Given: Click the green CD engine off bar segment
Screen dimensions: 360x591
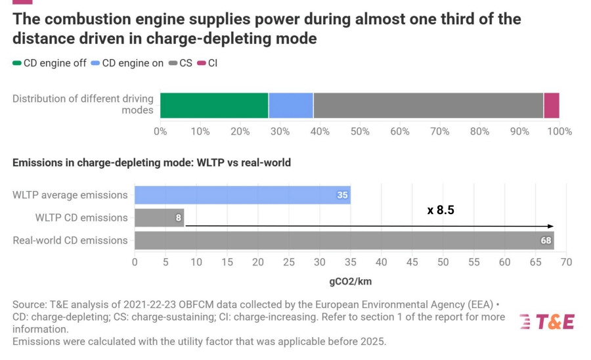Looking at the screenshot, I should click(214, 106).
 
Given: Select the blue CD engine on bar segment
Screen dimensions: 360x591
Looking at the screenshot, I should click(291, 106).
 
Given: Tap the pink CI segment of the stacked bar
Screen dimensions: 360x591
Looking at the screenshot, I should click(552, 106).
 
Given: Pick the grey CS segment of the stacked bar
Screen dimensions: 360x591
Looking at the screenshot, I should click(428, 106).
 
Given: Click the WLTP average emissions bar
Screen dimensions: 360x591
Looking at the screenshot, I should click(242, 195).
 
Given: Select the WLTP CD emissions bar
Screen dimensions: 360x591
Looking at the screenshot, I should click(159, 217).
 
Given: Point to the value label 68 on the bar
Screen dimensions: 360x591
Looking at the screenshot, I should click(546, 240).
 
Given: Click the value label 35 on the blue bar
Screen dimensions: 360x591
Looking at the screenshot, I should click(342, 195).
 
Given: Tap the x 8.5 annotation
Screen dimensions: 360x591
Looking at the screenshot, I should click(441, 210).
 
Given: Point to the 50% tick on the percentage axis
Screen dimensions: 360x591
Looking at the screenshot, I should click(360, 131).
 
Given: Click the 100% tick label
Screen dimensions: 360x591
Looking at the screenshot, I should click(559, 131).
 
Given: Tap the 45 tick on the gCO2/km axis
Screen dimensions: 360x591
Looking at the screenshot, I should click(412, 263).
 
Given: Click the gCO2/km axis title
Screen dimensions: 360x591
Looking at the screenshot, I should click(351, 281).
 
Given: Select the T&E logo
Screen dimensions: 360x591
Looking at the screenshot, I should click(546, 321).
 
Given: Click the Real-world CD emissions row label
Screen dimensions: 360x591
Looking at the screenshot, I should click(70, 240).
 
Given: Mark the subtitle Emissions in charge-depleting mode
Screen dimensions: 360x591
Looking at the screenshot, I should click(152, 162).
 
